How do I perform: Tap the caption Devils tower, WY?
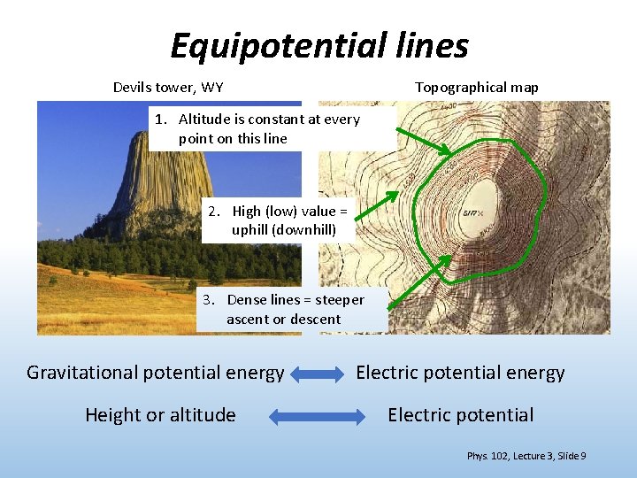(168, 88)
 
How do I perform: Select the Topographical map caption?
(476, 88)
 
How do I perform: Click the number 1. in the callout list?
(161, 119)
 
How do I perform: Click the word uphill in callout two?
(251, 230)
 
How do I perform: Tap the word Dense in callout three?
(246, 300)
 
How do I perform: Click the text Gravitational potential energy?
(155, 373)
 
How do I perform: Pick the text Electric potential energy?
(460, 373)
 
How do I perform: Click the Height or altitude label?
(160, 415)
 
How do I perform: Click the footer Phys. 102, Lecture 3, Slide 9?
(526, 456)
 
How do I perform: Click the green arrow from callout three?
(420, 281)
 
